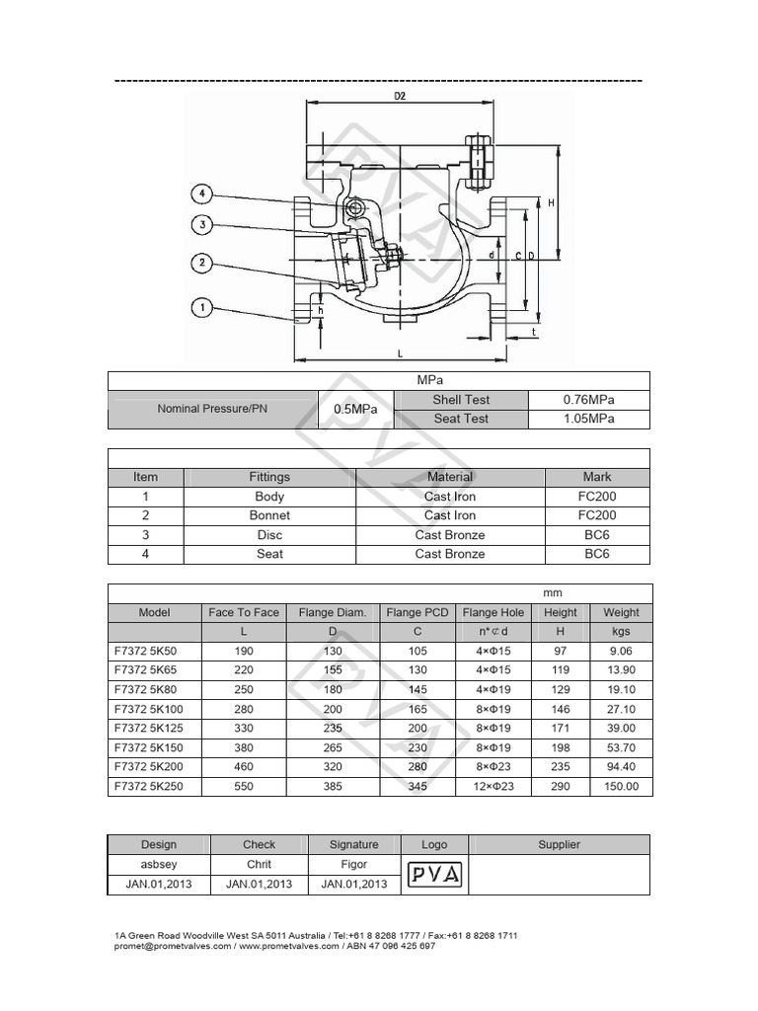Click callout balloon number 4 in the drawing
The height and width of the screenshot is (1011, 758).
point(202,194)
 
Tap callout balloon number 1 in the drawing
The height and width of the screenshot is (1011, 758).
point(202,309)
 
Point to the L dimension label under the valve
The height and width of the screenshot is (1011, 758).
point(400,352)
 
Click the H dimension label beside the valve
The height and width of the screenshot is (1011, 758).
point(550,202)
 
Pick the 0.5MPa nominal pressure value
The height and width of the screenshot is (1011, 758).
point(354,410)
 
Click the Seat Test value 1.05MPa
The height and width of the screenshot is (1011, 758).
point(589,419)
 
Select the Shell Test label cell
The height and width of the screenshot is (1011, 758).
point(460,400)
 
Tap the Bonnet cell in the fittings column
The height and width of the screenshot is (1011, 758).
point(269,515)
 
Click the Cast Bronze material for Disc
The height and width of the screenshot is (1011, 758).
point(450,535)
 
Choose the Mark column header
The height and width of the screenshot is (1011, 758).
point(597,477)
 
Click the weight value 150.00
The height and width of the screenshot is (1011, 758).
point(621,786)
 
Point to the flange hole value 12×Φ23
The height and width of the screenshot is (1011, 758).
point(493,786)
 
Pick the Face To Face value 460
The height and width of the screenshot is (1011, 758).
point(244,767)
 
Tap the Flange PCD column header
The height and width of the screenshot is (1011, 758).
point(417,612)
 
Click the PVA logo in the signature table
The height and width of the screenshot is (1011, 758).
point(434,874)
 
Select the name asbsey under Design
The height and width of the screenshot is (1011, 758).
point(158,864)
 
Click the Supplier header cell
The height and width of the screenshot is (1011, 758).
point(559,844)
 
